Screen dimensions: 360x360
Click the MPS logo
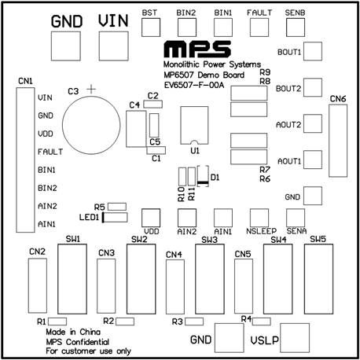[x=197, y=49]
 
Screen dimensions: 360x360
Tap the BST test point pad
[x=151, y=28]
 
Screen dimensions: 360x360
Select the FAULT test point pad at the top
[x=259, y=28]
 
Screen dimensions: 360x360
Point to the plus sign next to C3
[x=91, y=90]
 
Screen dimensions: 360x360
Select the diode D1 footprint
[x=203, y=176]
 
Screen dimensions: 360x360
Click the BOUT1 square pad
[x=313, y=51]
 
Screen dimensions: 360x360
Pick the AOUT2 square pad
[x=313, y=123]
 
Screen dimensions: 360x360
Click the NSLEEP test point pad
[x=259, y=218]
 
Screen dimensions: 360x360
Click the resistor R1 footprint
[x=57, y=321]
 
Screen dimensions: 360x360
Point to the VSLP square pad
[x=295, y=338]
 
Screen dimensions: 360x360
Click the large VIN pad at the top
[x=114, y=46]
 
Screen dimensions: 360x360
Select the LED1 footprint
[x=115, y=218]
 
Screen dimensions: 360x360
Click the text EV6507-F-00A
[x=194, y=85]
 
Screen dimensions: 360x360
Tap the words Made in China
[x=73, y=332]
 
